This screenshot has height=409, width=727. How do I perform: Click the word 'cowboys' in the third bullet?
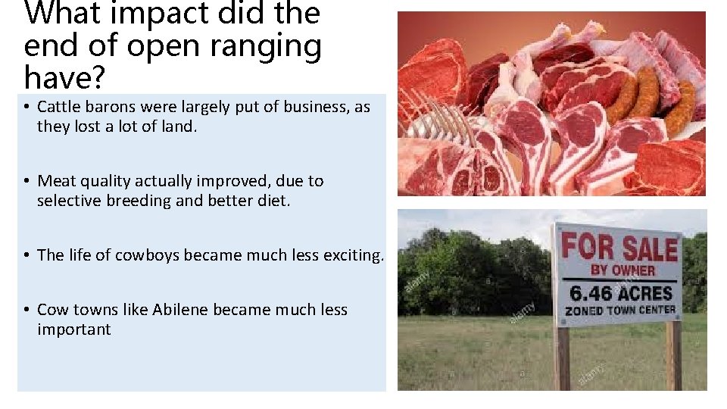click(144, 255)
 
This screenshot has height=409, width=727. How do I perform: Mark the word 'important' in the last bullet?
click(73, 329)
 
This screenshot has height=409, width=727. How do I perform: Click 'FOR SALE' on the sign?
click(619, 248)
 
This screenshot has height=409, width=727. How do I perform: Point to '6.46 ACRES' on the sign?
click(620, 292)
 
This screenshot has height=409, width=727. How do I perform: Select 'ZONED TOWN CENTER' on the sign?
click(620, 310)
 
